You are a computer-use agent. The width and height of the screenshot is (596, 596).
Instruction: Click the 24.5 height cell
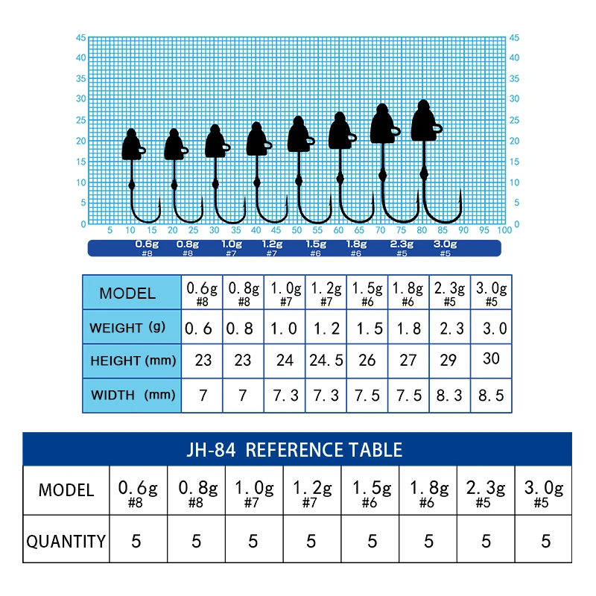click(326, 361)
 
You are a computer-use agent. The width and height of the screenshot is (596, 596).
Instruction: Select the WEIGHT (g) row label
click(127, 328)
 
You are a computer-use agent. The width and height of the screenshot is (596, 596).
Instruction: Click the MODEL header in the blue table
click(127, 293)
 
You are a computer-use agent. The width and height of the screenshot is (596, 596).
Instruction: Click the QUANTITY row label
click(66, 542)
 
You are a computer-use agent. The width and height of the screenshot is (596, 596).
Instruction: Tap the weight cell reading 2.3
click(449, 328)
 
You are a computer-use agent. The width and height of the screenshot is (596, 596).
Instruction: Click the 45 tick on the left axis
click(80, 37)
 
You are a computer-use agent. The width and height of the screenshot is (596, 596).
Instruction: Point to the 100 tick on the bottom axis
click(505, 230)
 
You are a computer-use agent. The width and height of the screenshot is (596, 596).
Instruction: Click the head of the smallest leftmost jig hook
click(132, 145)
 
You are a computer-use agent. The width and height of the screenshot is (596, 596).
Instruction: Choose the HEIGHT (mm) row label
click(133, 361)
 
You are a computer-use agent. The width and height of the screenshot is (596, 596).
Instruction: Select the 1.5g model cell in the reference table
click(370, 492)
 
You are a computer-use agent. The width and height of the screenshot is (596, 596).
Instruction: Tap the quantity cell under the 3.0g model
click(545, 542)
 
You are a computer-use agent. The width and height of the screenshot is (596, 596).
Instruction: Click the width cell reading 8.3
click(449, 395)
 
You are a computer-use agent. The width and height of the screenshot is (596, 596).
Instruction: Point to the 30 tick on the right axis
click(514, 98)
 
